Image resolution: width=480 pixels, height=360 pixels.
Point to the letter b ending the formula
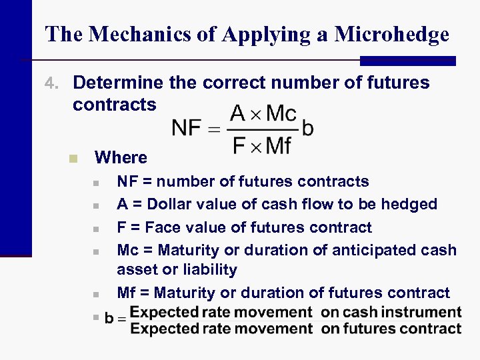307,128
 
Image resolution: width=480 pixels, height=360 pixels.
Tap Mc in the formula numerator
281,113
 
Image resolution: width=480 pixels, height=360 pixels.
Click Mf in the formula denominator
279,145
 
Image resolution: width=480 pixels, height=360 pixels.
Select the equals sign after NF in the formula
214,129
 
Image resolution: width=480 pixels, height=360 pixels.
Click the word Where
121,157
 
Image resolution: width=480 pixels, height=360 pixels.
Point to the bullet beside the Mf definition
96,294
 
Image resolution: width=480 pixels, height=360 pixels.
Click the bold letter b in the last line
109,319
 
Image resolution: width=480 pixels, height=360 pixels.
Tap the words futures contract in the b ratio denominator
391,328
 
